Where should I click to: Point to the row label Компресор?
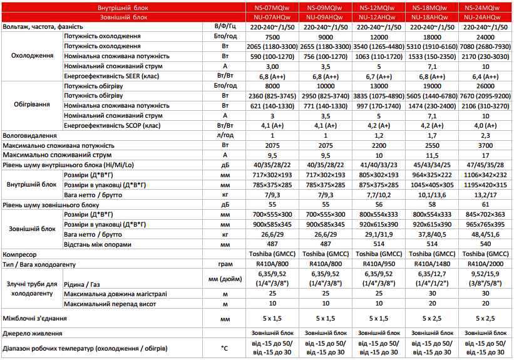[x=21, y=255]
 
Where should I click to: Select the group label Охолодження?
[x=31, y=56]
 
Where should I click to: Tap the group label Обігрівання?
[x=31, y=105]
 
